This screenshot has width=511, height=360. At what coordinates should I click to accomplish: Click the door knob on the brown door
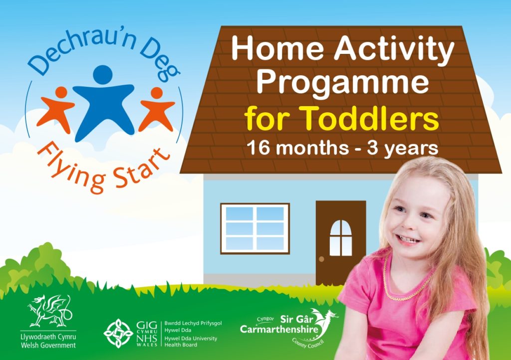coord(322,259)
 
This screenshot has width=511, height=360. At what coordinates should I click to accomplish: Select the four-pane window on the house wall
coord(255,228)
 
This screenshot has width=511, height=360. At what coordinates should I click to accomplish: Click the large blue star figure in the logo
coord(103,97)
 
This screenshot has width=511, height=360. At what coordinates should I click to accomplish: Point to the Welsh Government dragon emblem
coord(48,310)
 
